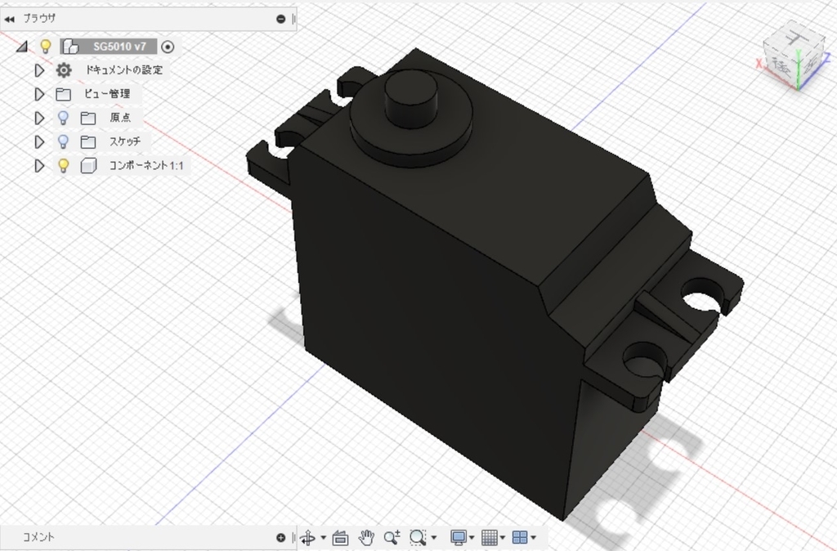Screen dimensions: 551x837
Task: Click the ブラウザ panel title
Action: [39, 18]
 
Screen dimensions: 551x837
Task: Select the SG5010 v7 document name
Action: [119, 47]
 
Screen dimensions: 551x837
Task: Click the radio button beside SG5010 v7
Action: [168, 47]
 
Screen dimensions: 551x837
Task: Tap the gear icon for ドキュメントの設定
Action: [64, 70]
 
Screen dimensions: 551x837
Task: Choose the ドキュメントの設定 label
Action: [124, 70]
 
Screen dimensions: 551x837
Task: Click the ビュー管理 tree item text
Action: [107, 94]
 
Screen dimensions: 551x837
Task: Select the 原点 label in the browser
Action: [120, 118]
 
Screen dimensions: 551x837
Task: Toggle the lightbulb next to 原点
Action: [63, 118]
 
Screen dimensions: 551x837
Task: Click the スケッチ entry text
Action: [125, 141]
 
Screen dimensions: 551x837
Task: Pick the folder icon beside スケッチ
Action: [88, 141]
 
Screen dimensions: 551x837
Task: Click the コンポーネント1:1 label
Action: [146, 166]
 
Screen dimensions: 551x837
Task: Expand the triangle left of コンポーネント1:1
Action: [38, 166]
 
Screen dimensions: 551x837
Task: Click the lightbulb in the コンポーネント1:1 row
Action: [63, 166]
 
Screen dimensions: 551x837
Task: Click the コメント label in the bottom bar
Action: [38, 537]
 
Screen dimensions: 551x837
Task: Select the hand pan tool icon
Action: [366, 537]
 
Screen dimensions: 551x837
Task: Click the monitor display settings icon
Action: [458, 537]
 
